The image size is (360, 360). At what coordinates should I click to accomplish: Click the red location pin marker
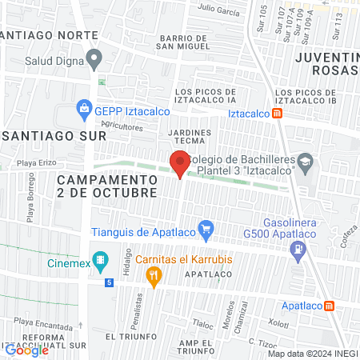(179, 164)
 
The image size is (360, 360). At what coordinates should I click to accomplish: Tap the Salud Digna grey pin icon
(95, 58)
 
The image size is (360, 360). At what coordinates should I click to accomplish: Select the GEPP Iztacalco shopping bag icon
(83, 107)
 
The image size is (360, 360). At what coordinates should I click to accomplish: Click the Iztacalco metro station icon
(277, 114)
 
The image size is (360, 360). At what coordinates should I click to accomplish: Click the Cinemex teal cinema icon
(100, 260)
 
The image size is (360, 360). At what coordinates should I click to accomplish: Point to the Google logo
(26, 350)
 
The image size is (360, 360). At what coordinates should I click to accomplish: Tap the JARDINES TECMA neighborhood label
(190, 137)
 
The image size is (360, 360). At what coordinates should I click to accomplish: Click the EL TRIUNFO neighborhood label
(126, 338)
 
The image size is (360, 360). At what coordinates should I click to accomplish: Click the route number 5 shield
(109, 282)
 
